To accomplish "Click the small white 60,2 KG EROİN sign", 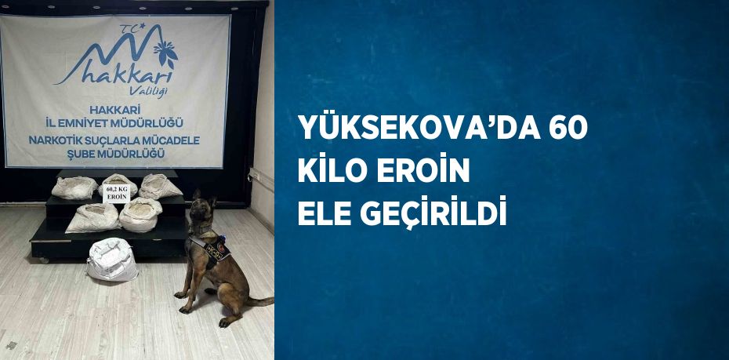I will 116,192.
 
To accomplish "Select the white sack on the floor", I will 112,260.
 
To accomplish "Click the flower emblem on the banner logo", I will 166,53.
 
